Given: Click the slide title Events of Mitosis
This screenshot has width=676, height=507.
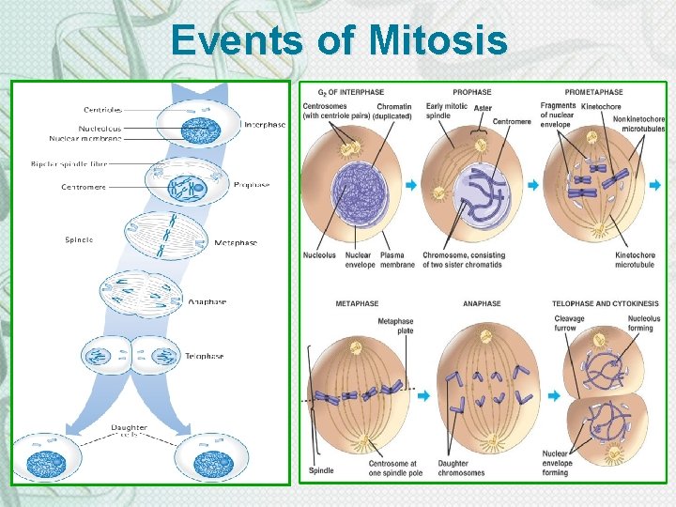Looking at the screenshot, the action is pyautogui.click(x=339, y=41).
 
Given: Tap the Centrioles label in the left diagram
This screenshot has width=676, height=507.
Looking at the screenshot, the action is pyautogui.click(x=103, y=110).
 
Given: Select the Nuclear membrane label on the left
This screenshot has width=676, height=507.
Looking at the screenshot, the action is pyautogui.click(x=85, y=138).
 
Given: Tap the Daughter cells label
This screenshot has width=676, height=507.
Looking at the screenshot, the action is pyautogui.click(x=129, y=432).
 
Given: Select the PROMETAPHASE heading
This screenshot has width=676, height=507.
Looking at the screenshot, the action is pyautogui.click(x=593, y=92).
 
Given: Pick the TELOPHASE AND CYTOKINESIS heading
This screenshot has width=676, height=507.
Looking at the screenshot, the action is pyautogui.click(x=606, y=304).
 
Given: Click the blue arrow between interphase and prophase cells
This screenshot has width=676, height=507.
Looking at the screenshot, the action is pyautogui.click(x=410, y=186).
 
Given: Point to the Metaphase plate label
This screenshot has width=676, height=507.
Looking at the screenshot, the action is pyautogui.click(x=395, y=326).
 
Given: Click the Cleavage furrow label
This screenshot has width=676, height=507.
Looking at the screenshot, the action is pyautogui.click(x=570, y=323).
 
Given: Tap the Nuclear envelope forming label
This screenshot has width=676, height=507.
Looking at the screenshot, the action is pyautogui.click(x=557, y=463).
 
